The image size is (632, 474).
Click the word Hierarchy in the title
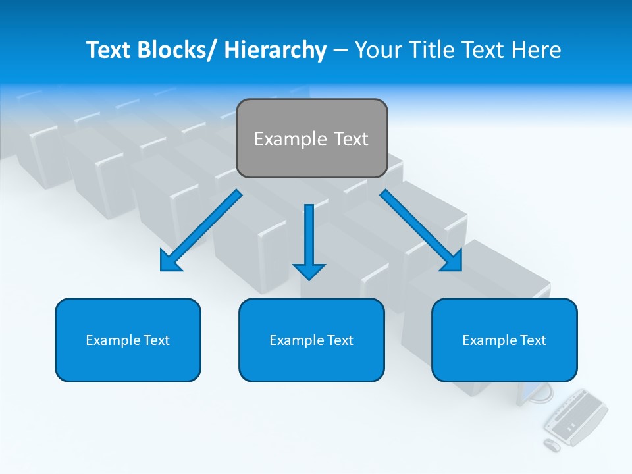(275, 50)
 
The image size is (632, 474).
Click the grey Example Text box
(311, 138)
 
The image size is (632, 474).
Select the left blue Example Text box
(128, 340)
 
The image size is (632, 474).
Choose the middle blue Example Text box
(311, 340)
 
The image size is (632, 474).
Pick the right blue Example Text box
(504, 340)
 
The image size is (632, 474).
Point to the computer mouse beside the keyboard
(552, 445)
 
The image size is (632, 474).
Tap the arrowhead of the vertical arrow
(309, 271)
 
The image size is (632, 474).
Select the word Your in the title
(377, 50)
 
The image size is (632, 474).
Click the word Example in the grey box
(281, 139)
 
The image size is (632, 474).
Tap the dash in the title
(340, 51)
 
